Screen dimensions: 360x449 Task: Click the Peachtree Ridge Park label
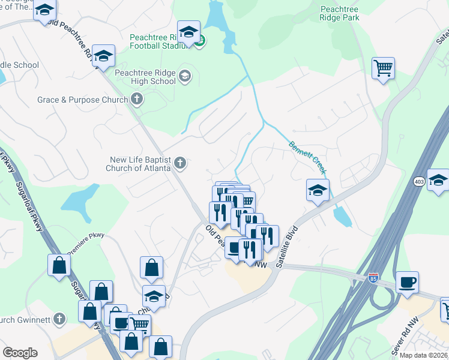click(x=340, y=14)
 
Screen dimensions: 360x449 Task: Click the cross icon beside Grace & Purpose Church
click(x=137, y=99)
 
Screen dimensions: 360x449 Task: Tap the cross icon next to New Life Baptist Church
click(x=179, y=163)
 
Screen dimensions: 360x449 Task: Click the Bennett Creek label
click(x=308, y=158)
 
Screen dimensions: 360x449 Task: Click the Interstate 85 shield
click(x=373, y=278)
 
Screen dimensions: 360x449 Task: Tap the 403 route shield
click(x=418, y=181)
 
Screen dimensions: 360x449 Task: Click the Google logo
click(x=20, y=353)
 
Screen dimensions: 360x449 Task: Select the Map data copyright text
click(x=424, y=355)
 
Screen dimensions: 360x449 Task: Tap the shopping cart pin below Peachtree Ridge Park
click(x=383, y=67)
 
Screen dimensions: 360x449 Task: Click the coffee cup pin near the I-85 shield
click(x=408, y=282)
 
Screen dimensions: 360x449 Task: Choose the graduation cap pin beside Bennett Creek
click(x=318, y=190)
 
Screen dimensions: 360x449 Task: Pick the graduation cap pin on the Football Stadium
click(x=189, y=32)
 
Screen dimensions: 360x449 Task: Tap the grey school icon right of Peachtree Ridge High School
click(x=185, y=75)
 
